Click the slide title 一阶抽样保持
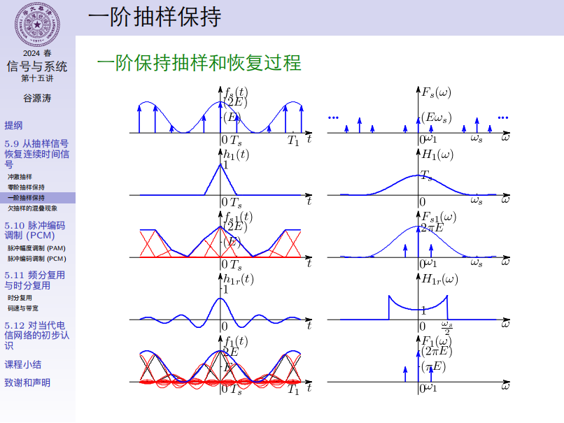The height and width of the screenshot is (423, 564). pos(155,17)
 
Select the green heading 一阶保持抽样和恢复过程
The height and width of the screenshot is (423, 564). pos(199,63)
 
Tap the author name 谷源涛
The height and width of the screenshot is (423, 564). pos(37,98)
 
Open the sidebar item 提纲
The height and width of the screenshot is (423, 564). pos(13,125)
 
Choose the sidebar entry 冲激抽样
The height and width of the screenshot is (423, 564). pos(20,177)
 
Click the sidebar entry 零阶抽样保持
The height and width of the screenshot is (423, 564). pos(26,187)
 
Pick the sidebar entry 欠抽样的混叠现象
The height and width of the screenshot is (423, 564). pos(32,208)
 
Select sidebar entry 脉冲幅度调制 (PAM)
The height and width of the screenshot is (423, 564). pos(36,248)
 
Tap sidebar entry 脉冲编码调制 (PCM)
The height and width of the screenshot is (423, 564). pos(36,259)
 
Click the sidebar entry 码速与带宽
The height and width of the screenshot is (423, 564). pos(23,308)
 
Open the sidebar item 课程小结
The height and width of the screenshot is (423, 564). pos(22,364)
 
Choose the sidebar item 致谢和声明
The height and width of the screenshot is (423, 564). pos(27,382)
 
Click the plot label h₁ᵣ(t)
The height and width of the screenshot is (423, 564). pos(238,279)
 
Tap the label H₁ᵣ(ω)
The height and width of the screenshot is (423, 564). pos(440,279)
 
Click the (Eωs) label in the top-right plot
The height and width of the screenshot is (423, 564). pos(436,117)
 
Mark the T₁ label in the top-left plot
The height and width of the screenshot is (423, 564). pos(293,141)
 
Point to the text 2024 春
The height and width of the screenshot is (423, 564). pos(37,53)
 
